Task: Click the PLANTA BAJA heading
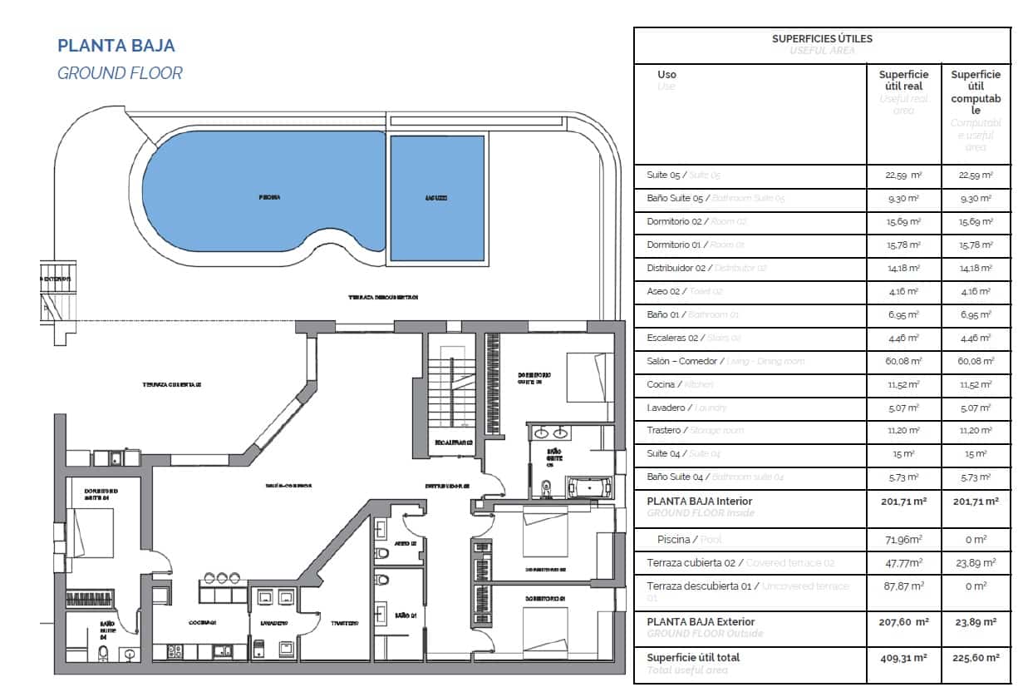click(116, 46)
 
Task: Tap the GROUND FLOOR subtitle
click(120, 73)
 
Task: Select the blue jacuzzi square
click(437, 198)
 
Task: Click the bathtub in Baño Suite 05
click(588, 487)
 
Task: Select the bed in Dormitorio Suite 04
click(92, 532)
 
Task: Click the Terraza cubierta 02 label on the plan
click(173, 385)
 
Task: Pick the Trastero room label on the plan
click(343, 623)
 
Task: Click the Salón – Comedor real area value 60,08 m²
click(903, 361)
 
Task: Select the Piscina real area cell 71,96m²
click(903, 539)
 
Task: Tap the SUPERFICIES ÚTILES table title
click(821, 38)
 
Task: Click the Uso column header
click(666, 75)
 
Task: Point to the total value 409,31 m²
click(903, 658)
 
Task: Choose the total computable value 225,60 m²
click(976, 658)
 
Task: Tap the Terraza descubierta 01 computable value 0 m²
click(976, 586)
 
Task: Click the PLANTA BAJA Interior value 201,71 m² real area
click(903, 502)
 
